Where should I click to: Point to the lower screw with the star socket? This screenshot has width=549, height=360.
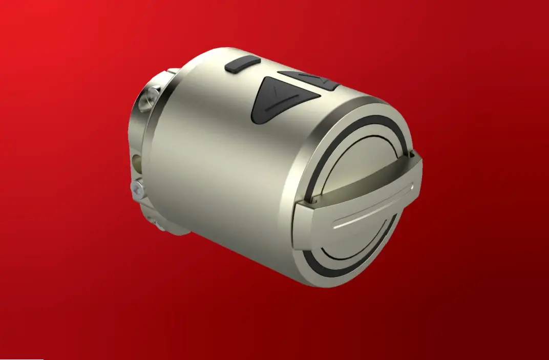137,189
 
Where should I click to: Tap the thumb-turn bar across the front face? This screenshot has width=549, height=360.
358,205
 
